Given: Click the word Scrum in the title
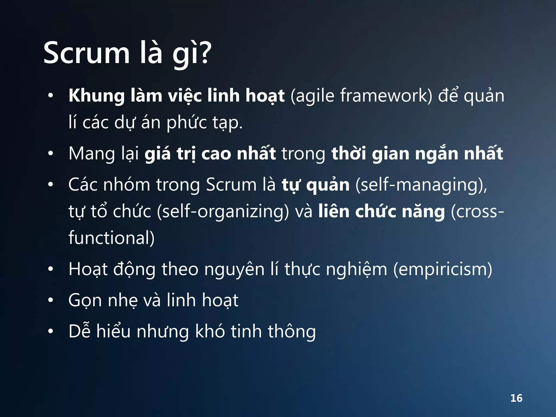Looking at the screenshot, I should [86, 53].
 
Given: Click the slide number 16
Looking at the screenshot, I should [516, 398].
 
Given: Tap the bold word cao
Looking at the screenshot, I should [216, 154].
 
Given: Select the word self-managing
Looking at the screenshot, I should [421, 185].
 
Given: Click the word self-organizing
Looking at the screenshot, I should [223, 211].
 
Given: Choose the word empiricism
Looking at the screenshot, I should [443, 270].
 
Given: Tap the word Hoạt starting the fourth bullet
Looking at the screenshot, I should [88, 270].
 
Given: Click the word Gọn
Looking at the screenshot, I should [85, 301].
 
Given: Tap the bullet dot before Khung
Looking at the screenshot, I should [50, 96].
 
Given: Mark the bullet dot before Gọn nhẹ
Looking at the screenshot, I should [50, 301].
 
